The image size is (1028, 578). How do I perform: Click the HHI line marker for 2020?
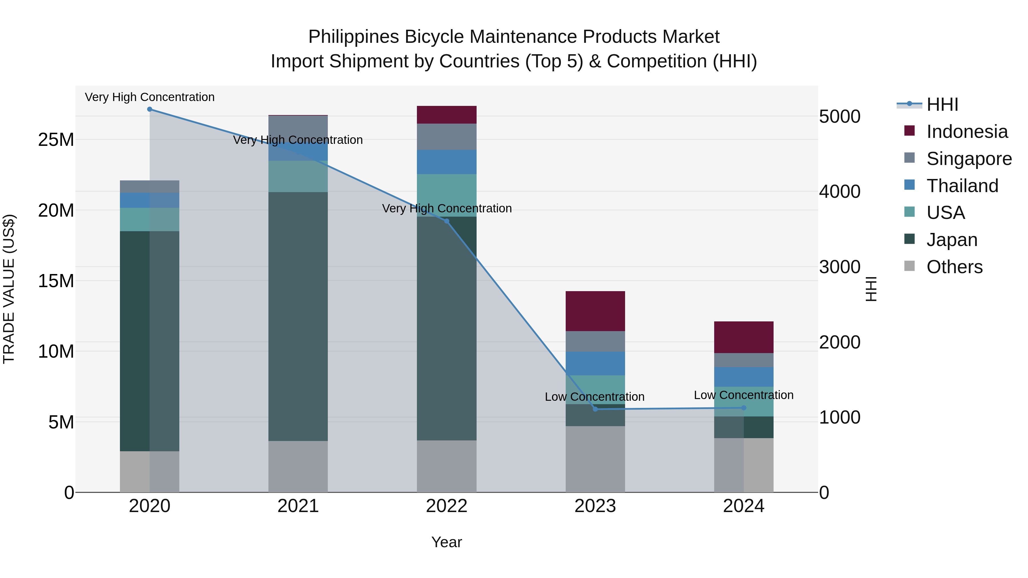(x=150, y=109)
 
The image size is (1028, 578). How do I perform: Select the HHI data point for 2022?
(x=447, y=221)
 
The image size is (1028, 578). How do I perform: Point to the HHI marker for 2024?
(x=744, y=408)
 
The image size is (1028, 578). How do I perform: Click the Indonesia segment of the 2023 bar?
(x=595, y=311)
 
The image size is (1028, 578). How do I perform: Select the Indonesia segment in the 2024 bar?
(x=744, y=337)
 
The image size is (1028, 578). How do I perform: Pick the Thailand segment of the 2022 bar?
(x=447, y=162)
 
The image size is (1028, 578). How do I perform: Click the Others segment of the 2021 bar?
(x=298, y=466)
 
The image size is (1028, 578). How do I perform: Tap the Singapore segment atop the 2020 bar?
(x=150, y=186)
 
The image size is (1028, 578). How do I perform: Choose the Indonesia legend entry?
(x=967, y=132)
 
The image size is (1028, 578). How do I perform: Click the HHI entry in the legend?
(x=942, y=104)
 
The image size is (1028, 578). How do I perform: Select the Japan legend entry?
(x=952, y=240)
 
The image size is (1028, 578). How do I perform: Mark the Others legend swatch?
(x=909, y=266)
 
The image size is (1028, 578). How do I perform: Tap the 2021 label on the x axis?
(x=298, y=506)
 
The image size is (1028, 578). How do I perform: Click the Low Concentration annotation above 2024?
(x=744, y=395)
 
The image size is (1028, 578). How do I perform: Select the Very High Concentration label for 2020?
(x=150, y=97)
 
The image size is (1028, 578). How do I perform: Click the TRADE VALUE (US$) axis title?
(x=9, y=289)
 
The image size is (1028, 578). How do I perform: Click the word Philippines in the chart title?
(x=354, y=37)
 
